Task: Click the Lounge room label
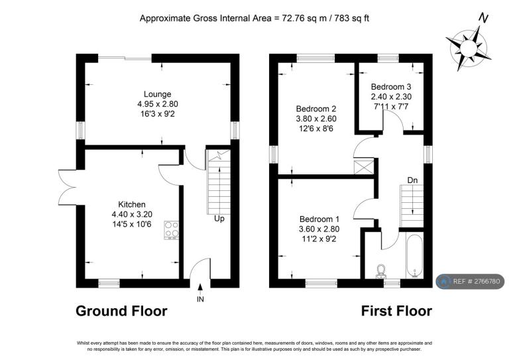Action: point(158,94)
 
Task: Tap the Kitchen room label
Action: point(131,204)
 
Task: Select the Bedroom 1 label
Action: point(319,219)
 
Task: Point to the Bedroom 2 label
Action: point(316,109)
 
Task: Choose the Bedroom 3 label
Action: point(391,87)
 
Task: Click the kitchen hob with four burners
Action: point(172,230)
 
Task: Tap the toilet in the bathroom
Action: point(381,272)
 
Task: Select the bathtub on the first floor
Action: point(414,256)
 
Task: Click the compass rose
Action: point(469,48)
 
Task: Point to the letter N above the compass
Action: point(484,18)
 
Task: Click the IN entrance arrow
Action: point(200,287)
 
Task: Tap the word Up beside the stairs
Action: point(219,219)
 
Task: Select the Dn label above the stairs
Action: point(412,180)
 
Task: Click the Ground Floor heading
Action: point(121,311)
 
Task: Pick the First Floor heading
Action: point(396,311)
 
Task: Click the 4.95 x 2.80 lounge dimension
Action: point(158,104)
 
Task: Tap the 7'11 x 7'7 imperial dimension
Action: point(391,107)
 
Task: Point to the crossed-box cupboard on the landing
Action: point(365,168)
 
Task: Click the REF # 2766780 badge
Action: point(470,282)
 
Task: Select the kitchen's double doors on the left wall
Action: point(67,188)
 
